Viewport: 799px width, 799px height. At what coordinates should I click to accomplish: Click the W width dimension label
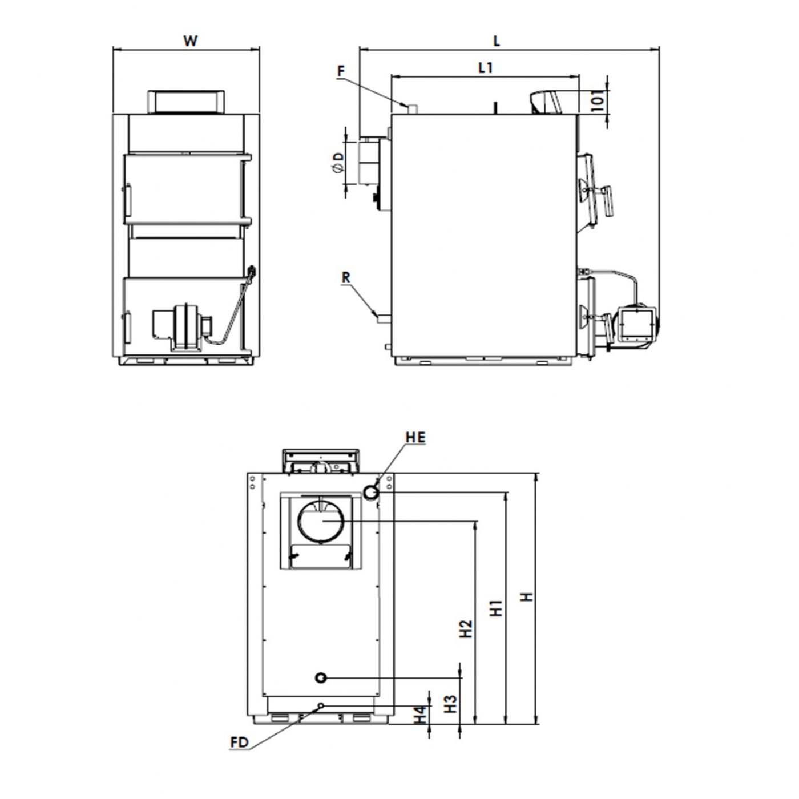coord(190,41)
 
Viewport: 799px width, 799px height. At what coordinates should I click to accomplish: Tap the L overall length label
coord(497,41)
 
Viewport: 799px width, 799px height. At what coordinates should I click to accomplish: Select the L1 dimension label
coord(486,68)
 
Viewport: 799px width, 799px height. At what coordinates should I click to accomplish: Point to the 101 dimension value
coord(598,100)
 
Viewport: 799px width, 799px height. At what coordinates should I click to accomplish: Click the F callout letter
coord(341,72)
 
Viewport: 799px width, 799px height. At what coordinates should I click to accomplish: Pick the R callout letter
coord(346,278)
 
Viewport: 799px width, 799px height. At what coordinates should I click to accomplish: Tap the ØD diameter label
coord(338,163)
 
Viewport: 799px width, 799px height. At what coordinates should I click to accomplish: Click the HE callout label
coord(415,437)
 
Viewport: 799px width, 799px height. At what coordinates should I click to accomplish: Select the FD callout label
coord(239,742)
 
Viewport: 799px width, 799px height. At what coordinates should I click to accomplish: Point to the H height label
coord(527,597)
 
